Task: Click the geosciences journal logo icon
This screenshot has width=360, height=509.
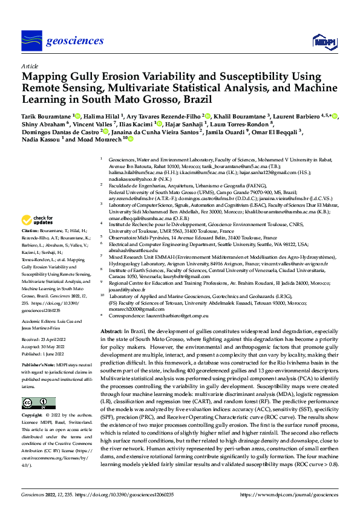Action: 31,41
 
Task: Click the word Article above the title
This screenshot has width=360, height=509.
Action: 29,66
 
